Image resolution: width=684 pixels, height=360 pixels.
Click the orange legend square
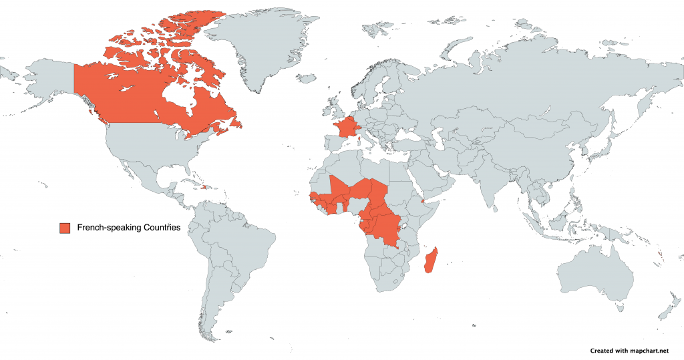coord(65,228)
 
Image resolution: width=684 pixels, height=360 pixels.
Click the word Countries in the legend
coord(158,228)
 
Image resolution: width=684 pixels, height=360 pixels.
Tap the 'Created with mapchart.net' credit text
coord(629,350)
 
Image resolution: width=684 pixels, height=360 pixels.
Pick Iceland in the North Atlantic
coord(307,77)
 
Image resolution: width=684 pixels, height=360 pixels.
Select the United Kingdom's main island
coord(333,107)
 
